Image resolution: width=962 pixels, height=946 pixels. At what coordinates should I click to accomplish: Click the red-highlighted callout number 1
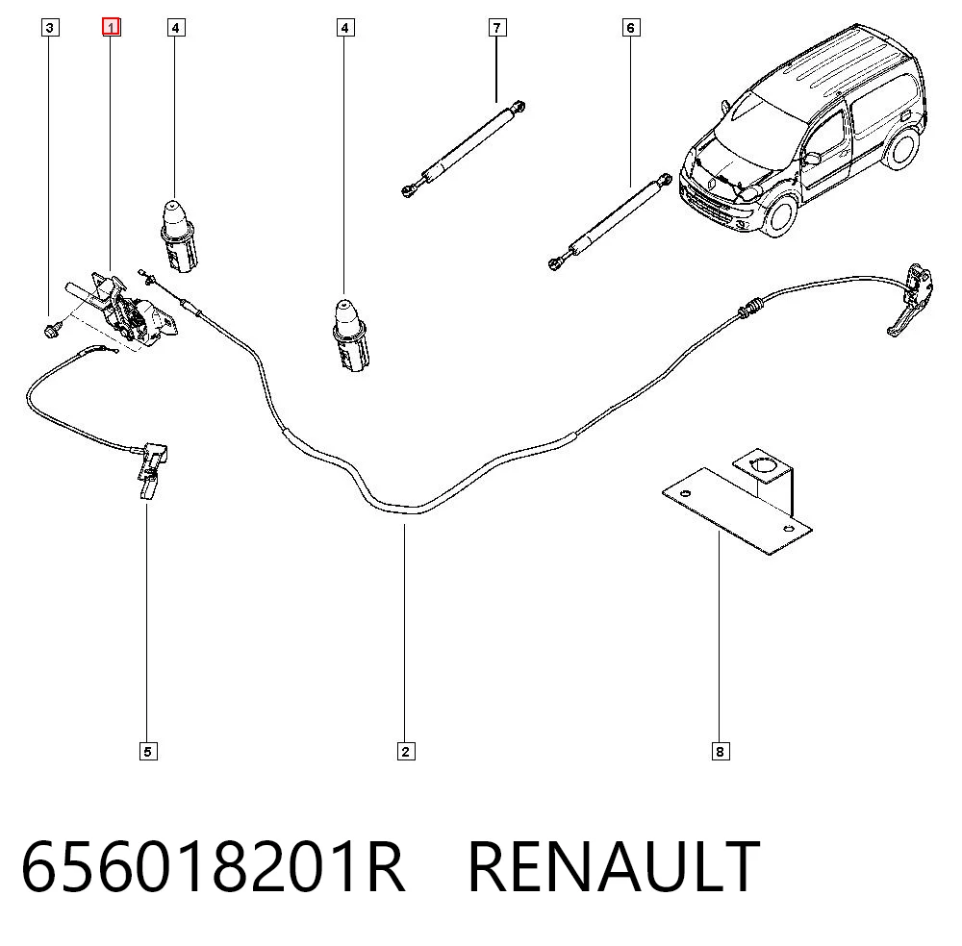coord(111,27)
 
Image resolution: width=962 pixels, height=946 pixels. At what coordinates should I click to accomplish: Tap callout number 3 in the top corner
coord(50,27)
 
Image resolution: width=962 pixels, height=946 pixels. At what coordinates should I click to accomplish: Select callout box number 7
coord(497,27)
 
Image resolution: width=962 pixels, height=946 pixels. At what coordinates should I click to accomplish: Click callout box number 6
coord(631,27)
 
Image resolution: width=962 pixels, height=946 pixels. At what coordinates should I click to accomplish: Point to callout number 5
coord(148,751)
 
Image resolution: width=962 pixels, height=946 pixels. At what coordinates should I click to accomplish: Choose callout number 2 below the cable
coord(406,751)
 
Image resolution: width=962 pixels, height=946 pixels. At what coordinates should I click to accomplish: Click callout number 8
coord(721,751)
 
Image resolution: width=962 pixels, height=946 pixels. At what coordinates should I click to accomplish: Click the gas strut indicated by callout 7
coord(463,148)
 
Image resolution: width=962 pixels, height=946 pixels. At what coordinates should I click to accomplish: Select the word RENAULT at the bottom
coord(614,865)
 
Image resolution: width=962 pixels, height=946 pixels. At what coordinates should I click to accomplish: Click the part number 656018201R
coord(213,865)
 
